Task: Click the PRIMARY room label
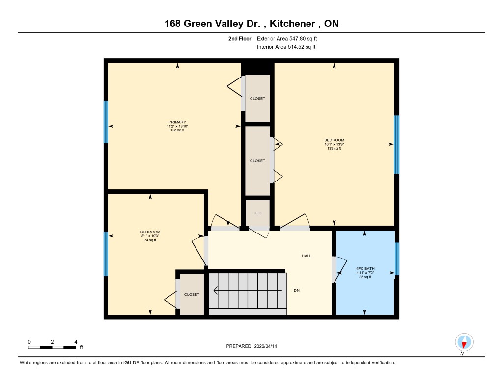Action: (x=177, y=122)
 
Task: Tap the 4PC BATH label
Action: (x=365, y=268)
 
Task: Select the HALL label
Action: (x=307, y=256)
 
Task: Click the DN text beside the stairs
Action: (x=297, y=290)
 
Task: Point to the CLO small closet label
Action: (x=257, y=213)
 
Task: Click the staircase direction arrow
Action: (x=248, y=290)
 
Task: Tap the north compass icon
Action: (x=464, y=342)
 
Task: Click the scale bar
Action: (x=52, y=347)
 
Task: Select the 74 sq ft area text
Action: (x=150, y=240)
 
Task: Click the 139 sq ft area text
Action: (x=334, y=148)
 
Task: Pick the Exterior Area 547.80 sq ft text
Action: (x=287, y=38)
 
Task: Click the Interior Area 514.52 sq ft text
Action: (x=286, y=47)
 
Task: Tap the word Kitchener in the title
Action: (x=292, y=24)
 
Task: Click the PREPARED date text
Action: (x=251, y=346)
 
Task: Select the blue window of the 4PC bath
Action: (x=397, y=259)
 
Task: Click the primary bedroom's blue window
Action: (x=106, y=122)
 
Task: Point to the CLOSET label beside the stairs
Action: (x=192, y=294)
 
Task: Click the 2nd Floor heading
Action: (x=240, y=39)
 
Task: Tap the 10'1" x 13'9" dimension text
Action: (x=334, y=144)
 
